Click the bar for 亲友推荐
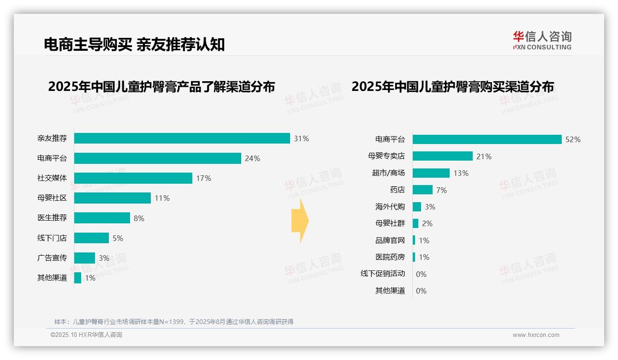(x=182, y=138)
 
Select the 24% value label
(x=252, y=158)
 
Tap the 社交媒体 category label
(x=52, y=178)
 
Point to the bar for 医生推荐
(x=102, y=218)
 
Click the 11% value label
(x=162, y=198)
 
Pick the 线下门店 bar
(x=91, y=238)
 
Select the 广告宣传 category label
(x=52, y=258)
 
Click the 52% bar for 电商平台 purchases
(x=487, y=139)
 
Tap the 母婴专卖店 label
(x=386, y=156)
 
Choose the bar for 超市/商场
(x=431, y=173)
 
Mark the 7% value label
(x=441, y=190)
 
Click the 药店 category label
(x=397, y=190)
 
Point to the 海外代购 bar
(x=417, y=207)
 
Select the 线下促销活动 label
(x=383, y=273)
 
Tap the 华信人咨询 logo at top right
(x=542, y=41)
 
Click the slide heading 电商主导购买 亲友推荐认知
(x=134, y=44)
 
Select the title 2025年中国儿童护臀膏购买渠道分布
(x=452, y=87)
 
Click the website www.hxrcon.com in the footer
(x=536, y=335)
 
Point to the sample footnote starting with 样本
(x=174, y=322)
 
